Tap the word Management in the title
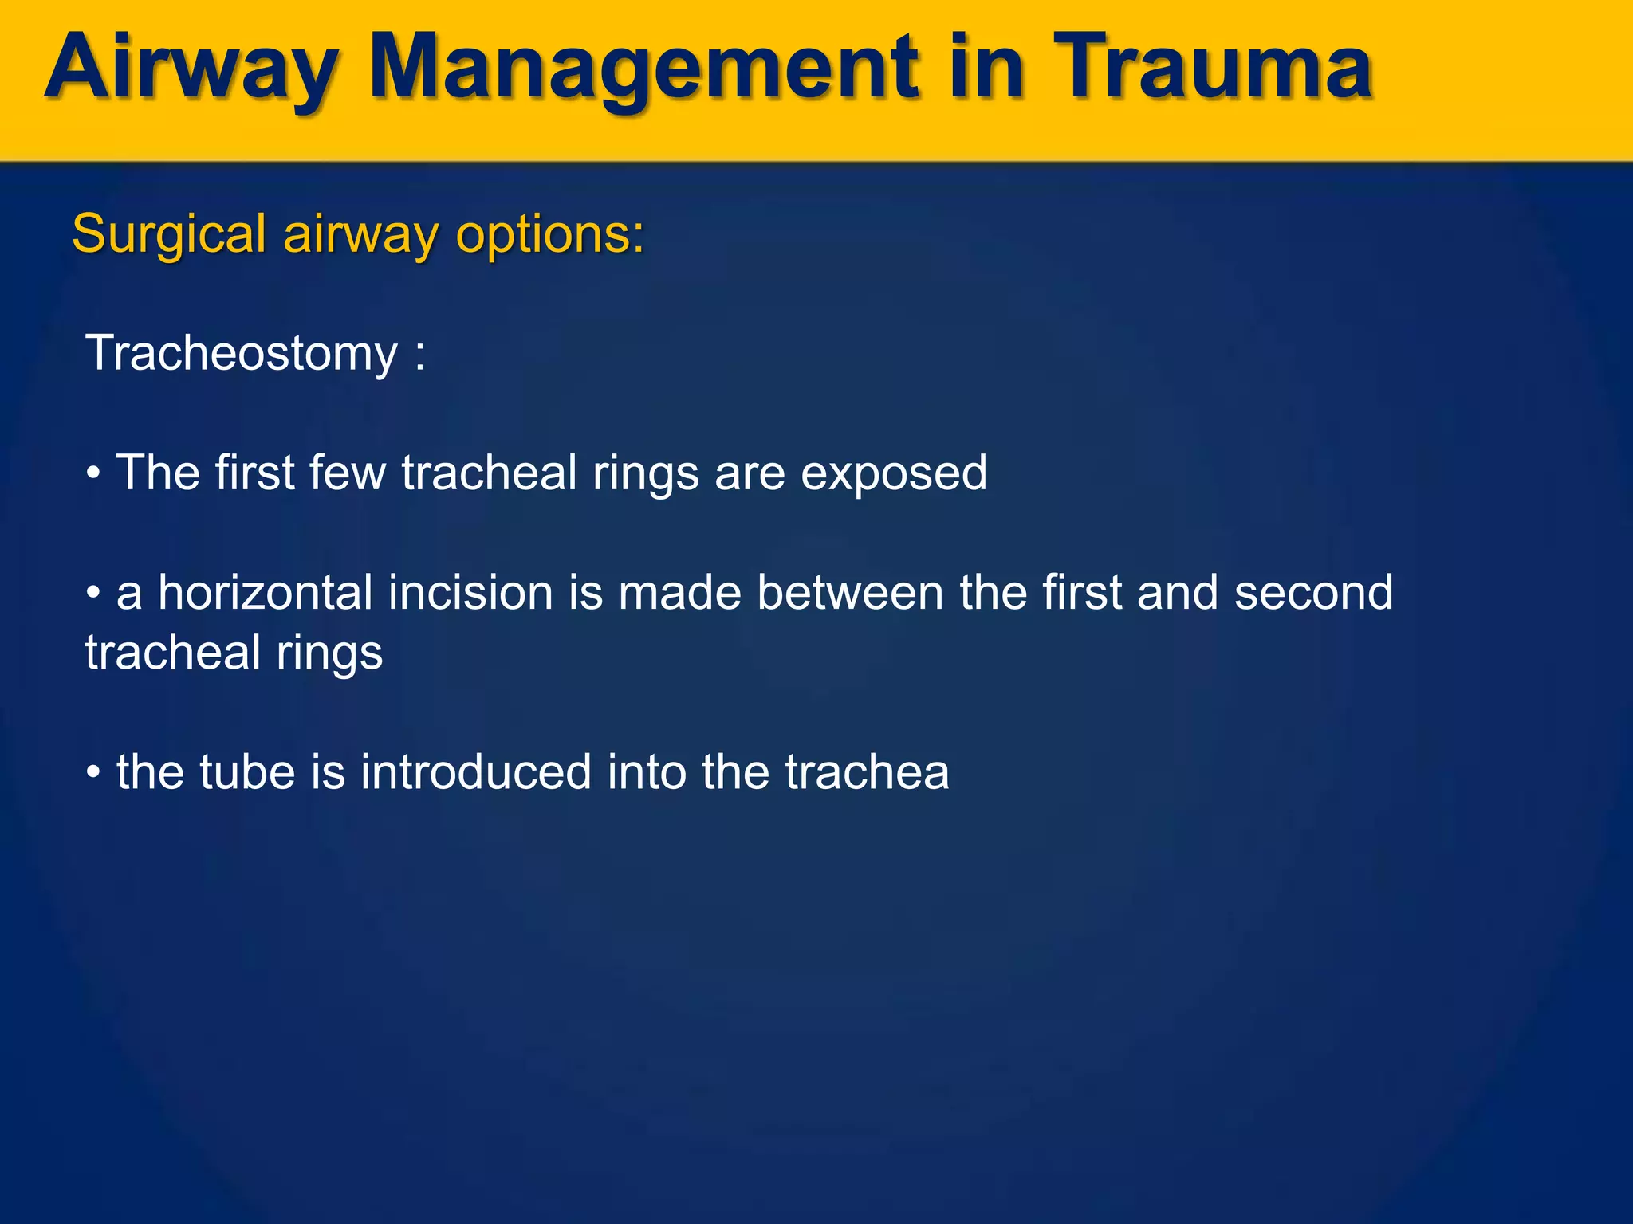644,70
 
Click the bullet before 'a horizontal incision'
93,594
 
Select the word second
1313,593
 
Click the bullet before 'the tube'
93,774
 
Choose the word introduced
475,772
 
